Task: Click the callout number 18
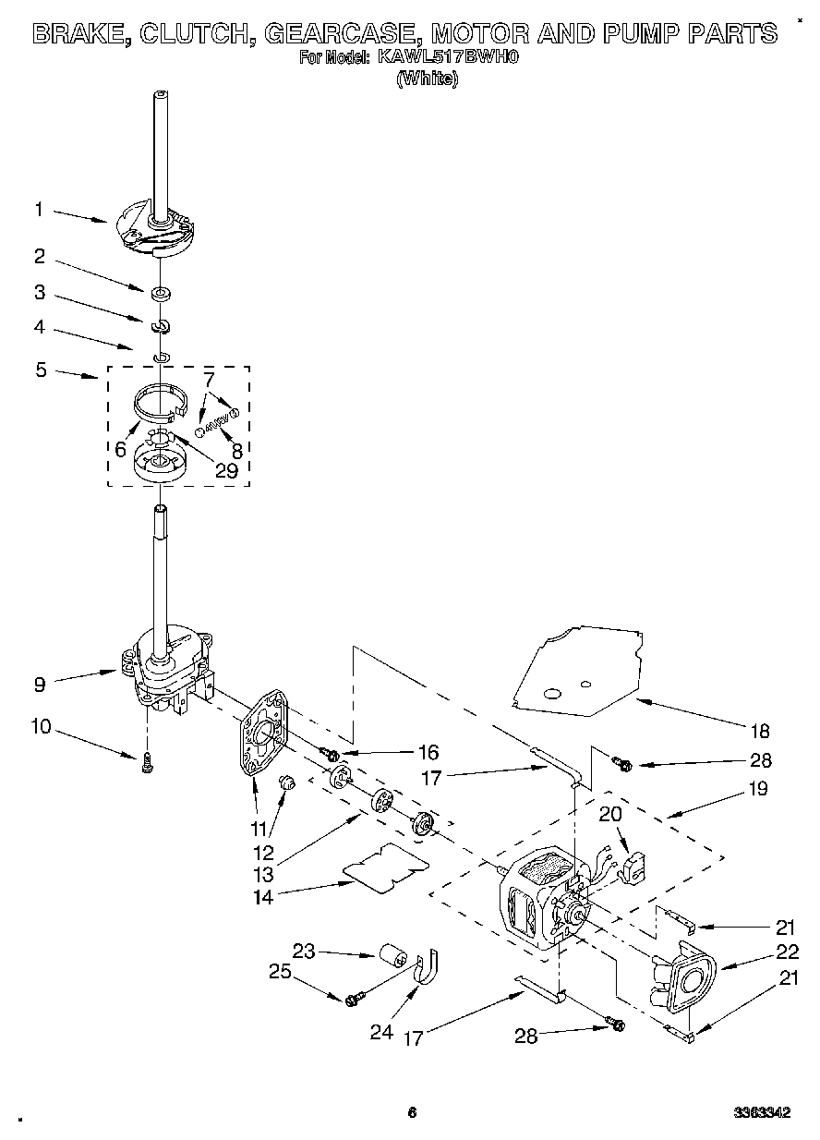point(759,732)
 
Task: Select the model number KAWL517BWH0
point(447,57)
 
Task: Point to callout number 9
point(40,685)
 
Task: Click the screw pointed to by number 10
point(147,763)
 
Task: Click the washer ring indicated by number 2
point(163,295)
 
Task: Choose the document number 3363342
point(762,1113)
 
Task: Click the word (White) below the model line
point(427,79)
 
